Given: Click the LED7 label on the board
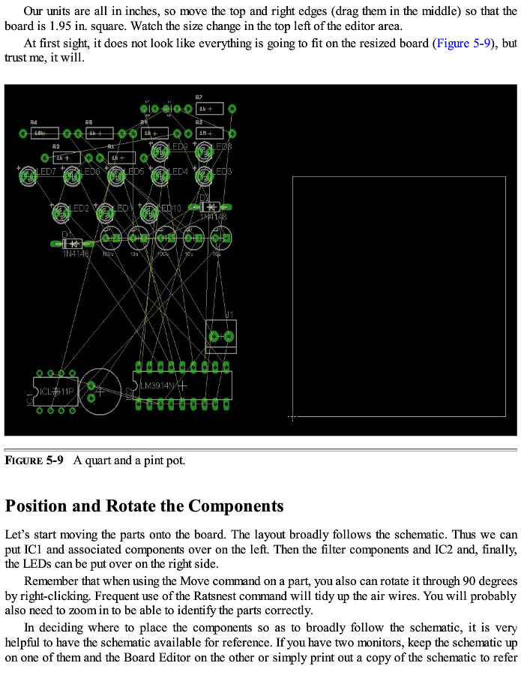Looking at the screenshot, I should point(44,172).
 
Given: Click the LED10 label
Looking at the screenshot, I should point(168,208).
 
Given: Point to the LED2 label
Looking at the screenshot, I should point(78,208).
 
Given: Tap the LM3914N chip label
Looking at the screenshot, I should point(157,385).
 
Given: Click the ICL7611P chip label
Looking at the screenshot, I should point(56,391).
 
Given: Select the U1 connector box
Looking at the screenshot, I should point(220,336).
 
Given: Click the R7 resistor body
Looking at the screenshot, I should point(210,109).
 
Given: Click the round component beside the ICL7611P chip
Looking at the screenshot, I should point(101,390).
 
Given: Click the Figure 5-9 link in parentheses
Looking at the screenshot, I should point(463,43).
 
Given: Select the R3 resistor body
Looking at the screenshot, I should point(210,133).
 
